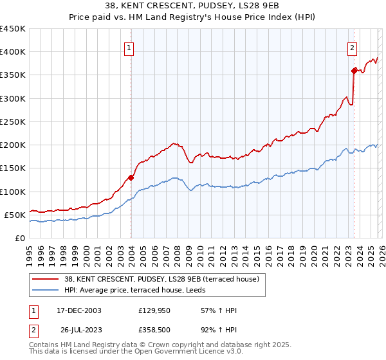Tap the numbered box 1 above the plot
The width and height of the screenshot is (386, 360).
pyautogui.click(x=129, y=47)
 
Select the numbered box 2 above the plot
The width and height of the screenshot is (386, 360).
pyautogui.click(x=353, y=47)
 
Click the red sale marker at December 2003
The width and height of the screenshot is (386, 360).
pyautogui.click(x=131, y=177)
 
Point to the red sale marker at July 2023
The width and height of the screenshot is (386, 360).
pyautogui.click(x=354, y=71)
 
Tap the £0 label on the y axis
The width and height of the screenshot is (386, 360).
pyautogui.click(x=20, y=238)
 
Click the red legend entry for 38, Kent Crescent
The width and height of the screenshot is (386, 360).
pyautogui.click(x=161, y=279)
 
